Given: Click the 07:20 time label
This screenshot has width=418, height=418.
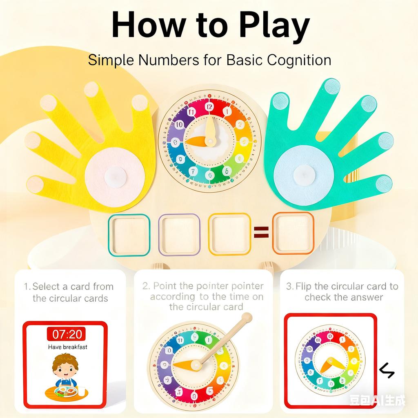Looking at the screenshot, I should click(x=67, y=334).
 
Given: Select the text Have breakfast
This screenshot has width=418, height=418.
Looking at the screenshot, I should click(x=67, y=347).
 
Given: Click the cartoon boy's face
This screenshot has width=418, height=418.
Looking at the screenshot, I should click(x=65, y=369).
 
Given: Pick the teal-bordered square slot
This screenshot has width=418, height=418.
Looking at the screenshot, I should click(x=129, y=235).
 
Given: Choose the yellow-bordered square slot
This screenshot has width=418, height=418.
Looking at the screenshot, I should click(x=229, y=234).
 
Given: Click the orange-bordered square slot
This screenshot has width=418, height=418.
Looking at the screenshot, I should click(x=293, y=233).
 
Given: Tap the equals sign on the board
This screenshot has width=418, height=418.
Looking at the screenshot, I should click(x=261, y=233).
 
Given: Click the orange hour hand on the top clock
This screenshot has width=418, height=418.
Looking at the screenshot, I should click(x=196, y=141).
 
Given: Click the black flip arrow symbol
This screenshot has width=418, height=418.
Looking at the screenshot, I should click(x=387, y=370).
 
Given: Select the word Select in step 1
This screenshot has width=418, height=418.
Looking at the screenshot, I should click(x=47, y=286).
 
